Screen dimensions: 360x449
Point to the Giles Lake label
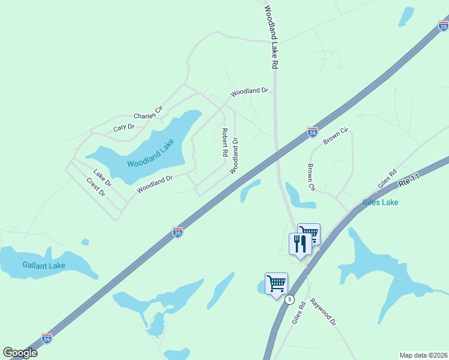380,202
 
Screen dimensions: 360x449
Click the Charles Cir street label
148,112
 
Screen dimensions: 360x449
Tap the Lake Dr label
103,178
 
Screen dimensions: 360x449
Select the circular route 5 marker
290,299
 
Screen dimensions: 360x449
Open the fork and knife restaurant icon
300,244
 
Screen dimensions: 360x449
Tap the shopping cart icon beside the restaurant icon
309,233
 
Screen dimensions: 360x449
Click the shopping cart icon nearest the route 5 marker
276,283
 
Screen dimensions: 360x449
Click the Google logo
20,353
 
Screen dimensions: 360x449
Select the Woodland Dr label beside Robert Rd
235,156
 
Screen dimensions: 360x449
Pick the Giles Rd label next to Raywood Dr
298,313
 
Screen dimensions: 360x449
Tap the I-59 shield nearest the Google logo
47,338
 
